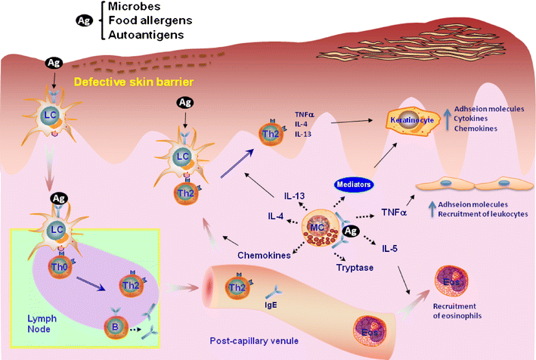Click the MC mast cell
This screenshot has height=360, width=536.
pyautogui.click(x=321, y=226)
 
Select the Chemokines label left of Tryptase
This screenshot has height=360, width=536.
pyautogui.click(x=265, y=256)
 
